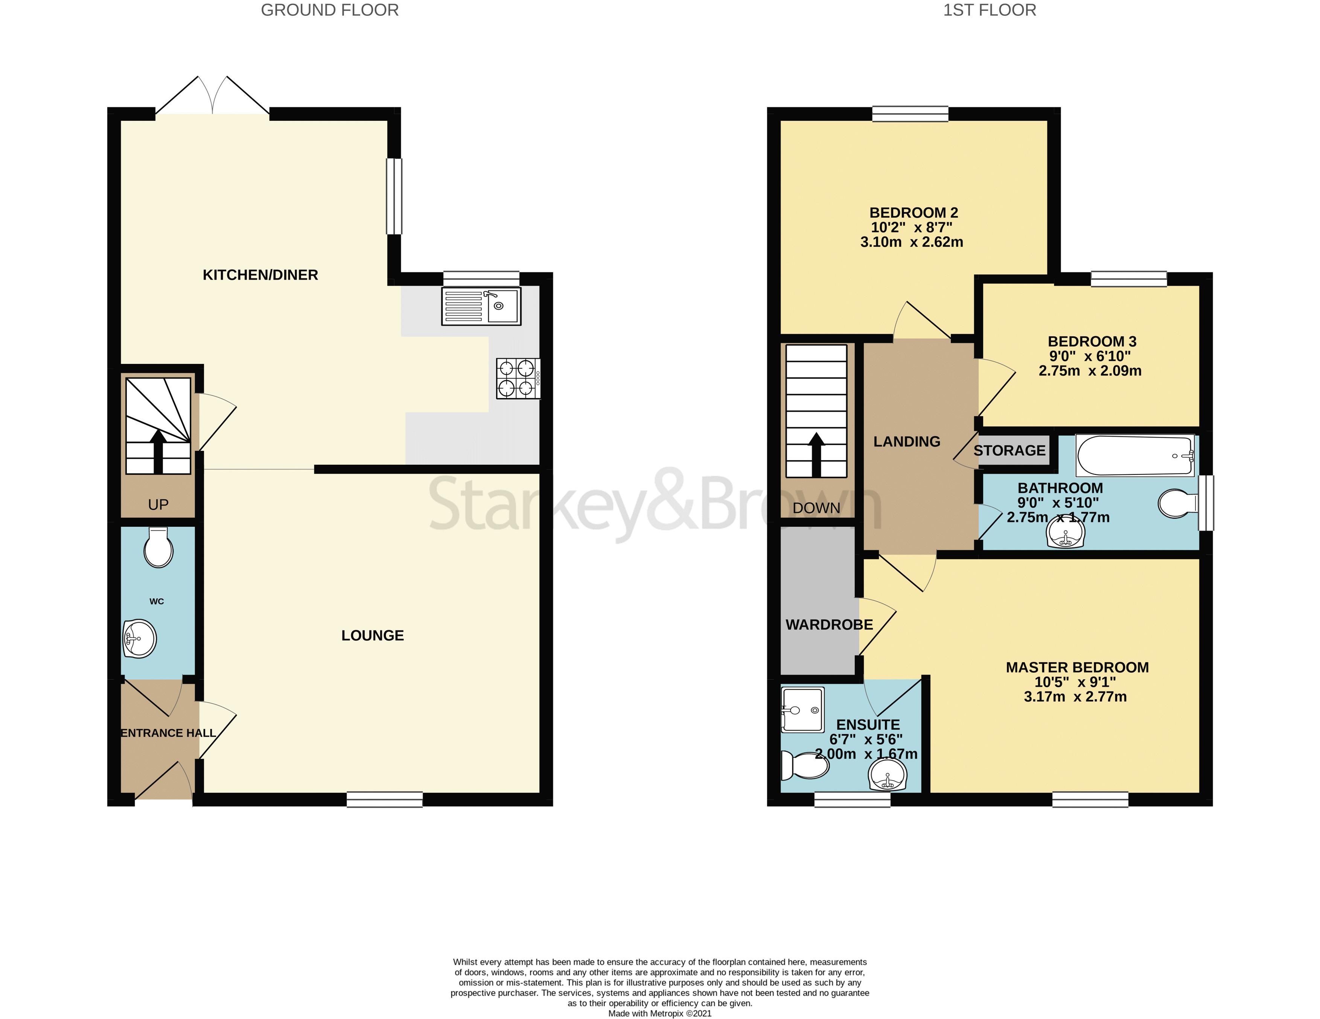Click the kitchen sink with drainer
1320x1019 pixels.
481,306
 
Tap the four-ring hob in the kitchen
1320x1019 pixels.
518,378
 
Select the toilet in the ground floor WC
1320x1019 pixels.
158,548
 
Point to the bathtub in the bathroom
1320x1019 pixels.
1135,456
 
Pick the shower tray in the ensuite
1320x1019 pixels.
802,710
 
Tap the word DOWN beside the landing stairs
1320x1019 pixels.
816,508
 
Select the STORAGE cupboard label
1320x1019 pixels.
1009,450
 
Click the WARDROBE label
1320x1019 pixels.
829,624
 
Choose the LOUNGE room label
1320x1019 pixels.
372,635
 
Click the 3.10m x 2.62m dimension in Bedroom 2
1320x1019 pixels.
912,242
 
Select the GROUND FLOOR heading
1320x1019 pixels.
329,10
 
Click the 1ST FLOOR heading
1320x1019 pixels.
990,10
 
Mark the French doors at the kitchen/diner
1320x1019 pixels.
213,97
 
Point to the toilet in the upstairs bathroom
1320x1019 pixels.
1177,503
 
